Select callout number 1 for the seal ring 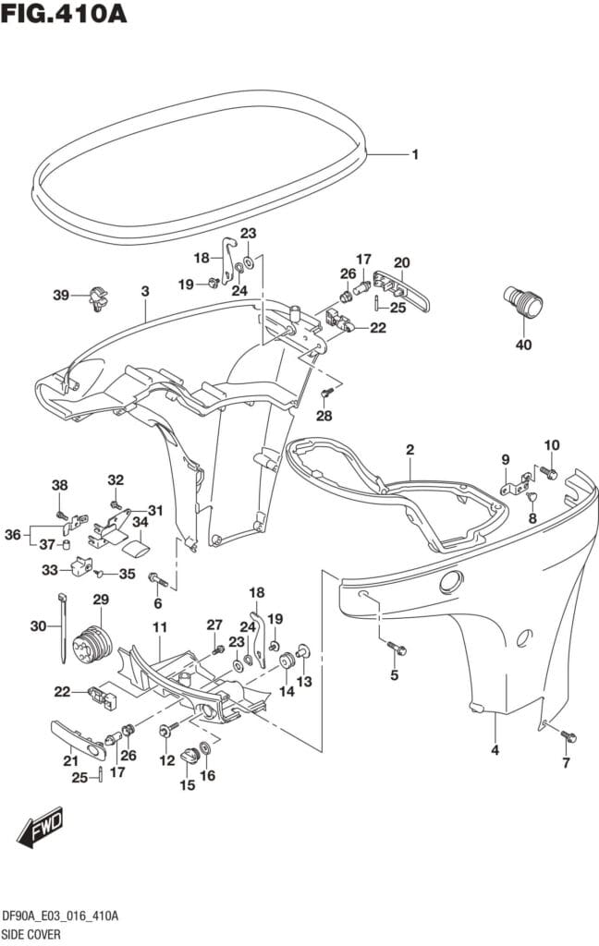tap(415, 154)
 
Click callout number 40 tap(524, 346)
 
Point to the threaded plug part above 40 tap(523, 303)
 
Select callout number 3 tap(145, 291)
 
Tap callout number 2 tap(410, 450)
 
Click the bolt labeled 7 tap(568, 736)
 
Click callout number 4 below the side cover tap(495, 750)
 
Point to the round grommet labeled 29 tap(97, 642)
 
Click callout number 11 tap(159, 628)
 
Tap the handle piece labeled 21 tap(77, 737)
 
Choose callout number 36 tap(13, 534)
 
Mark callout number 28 tap(324, 416)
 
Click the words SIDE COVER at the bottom tap(31, 934)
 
